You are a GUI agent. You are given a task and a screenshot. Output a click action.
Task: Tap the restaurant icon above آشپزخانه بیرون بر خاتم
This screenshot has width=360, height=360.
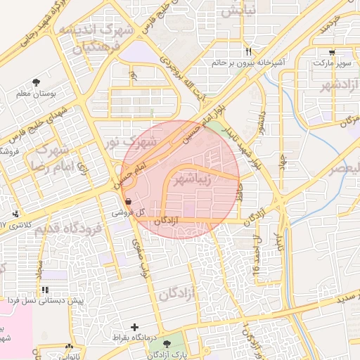click(x=248, y=52)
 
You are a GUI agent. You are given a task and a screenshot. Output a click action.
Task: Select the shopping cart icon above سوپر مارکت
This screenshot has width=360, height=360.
click(x=332, y=53)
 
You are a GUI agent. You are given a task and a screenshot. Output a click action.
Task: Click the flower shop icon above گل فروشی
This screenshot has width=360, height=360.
click(x=127, y=201)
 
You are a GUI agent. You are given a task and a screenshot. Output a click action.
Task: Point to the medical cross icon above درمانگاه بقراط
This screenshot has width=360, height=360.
click(x=135, y=327)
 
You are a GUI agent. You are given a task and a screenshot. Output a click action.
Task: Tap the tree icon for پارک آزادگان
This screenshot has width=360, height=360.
click(x=167, y=344)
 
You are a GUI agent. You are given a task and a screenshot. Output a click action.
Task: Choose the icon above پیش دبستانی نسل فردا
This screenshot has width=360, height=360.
click(x=46, y=290)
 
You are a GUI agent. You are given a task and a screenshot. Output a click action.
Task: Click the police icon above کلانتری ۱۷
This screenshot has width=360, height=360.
click(x=15, y=214)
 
